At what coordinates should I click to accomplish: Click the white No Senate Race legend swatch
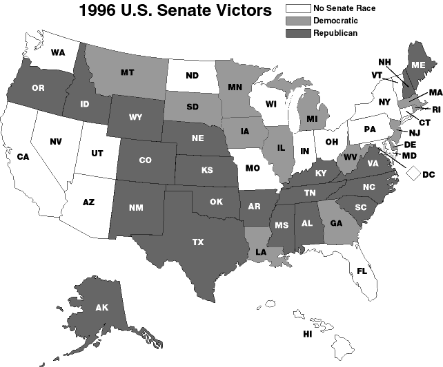tap(298, 9)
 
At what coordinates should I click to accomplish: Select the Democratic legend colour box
tap(298, 21)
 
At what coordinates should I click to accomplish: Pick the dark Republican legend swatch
tap(298, 32)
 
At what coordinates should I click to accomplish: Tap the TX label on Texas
tap(198, 242)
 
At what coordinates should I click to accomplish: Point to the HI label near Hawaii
tap(308, 334)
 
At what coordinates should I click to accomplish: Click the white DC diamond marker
tap(414, 174)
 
